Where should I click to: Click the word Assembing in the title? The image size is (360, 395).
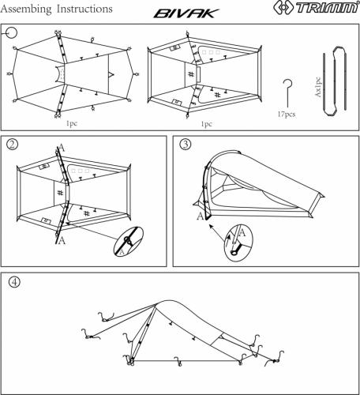click(x=29, y=9)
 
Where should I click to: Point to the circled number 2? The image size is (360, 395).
click(x=13, y=145)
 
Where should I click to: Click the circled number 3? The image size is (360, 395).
click(x=185, y=145)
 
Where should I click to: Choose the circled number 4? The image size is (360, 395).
click(x=14, y=282)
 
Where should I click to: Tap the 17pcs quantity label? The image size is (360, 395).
click(x=287, y=114)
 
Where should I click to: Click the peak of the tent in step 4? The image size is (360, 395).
click(x=169, y=303)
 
